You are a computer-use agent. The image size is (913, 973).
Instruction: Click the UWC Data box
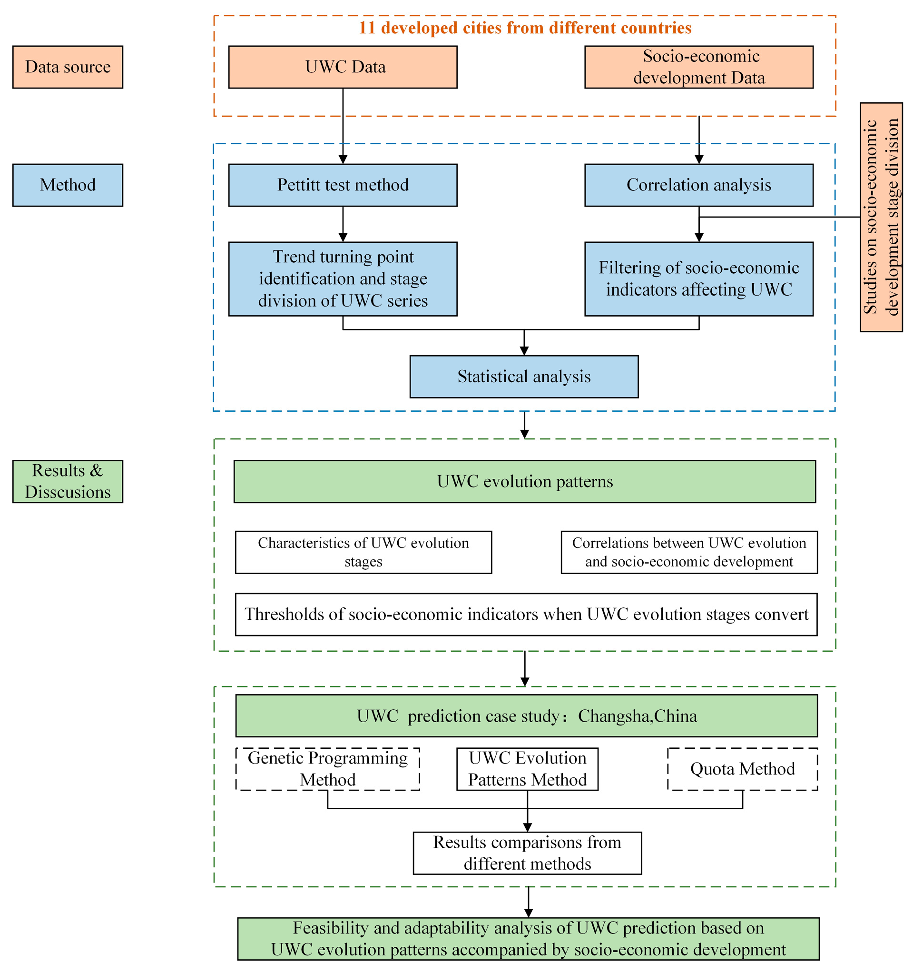coord(343,67)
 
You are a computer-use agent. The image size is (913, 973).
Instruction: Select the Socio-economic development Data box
coord(699,67)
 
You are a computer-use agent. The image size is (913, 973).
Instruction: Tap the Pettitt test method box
coord(343,185)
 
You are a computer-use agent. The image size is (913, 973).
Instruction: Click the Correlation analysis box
coord(699,185)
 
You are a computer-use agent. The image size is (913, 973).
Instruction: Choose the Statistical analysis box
coord(523,377)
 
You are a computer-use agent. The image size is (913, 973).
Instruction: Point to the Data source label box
coord(68,67)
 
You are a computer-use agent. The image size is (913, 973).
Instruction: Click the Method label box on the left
coord(68,185)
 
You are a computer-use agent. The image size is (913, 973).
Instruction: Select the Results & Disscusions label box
coord(68,481)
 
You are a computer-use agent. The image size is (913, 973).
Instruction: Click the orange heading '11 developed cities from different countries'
coord(524,28)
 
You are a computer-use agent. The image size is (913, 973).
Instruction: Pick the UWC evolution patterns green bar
coord(524,481)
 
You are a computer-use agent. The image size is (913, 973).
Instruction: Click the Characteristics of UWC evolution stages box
coord(363,552)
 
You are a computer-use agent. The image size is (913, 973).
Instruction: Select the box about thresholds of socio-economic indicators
coord(526,614)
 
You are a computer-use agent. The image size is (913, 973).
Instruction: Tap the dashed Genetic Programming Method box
coord(327,768)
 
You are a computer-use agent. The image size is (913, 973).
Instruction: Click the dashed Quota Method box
coord(742,768)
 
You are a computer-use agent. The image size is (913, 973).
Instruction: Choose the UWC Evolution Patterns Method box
coord(527,768)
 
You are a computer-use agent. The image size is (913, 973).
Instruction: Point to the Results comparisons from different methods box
coord(527,853)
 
